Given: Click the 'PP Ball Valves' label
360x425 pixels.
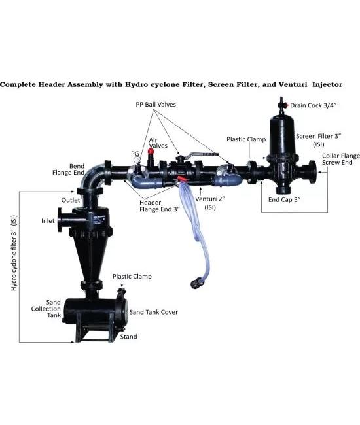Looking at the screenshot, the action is tap(156, 105).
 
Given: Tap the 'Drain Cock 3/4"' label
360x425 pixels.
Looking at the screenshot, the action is tap(314, 105).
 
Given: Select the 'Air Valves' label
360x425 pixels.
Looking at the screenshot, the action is tap(158, 143).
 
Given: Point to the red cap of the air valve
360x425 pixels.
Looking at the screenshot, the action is tap(151, 151).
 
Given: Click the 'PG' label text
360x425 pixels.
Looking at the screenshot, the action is tap(135, 154).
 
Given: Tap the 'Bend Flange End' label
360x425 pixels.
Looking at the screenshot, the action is tap(68, 169).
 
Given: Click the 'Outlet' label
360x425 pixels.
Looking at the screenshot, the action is tap(71, 200).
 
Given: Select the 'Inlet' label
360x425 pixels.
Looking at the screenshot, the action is tap(48, 221).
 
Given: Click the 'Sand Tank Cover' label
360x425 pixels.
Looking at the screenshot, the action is tap(154, 312).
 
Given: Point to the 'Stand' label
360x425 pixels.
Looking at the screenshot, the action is tap(128, 337).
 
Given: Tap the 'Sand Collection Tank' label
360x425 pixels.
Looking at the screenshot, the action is tap(46, 309).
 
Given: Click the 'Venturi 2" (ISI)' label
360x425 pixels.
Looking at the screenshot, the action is tap(210, 203).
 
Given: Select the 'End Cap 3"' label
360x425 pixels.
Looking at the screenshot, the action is tap(285, 200).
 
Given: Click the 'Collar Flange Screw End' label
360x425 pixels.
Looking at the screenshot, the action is tap(341, 159).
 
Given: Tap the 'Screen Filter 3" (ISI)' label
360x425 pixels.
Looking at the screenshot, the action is tap(318, 140).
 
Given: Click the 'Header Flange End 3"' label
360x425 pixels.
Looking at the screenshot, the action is tap(160, 206).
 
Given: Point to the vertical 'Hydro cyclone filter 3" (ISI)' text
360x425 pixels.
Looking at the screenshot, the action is tap(14, 253).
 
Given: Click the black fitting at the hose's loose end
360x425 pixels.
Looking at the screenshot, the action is tap(197, 284).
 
